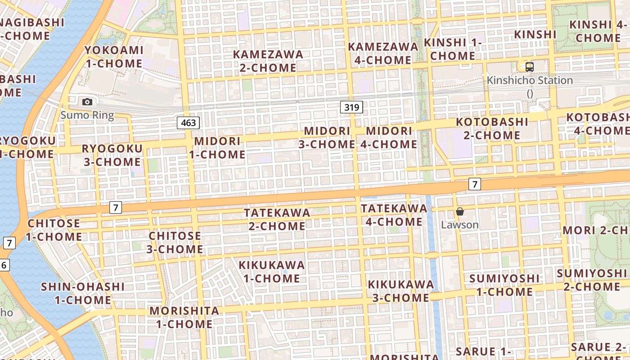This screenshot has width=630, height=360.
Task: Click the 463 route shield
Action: (x=188, y=122)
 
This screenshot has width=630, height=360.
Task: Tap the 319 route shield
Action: (x=351, y=107)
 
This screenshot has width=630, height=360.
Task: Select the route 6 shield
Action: (x=4, y=265)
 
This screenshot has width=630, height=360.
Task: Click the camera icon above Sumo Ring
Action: (x=87, y=102)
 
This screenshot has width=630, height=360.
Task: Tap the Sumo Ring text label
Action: (x=87, y=115)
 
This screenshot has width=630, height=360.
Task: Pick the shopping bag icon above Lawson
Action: (x=459, y=211)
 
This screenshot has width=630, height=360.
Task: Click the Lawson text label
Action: (x=459, y=225)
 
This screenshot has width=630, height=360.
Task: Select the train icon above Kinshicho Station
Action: (x=530, y=67)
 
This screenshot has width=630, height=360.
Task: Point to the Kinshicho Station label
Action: (x=530, y=81)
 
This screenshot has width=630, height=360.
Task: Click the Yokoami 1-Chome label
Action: (x=114, y=57)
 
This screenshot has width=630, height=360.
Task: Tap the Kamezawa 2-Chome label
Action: (x=268, y=61)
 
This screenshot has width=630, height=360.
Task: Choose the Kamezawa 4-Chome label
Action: (x=383, y=53)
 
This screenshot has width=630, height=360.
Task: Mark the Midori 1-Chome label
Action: (x=217, y=148)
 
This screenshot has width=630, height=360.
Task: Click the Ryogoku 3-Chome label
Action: (x=112, y=155)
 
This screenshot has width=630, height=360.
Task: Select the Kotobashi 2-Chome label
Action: (x=492, y=128)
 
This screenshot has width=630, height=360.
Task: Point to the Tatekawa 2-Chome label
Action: (x=277, y=219)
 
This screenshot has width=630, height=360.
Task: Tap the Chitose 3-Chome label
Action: (x=175, y=242)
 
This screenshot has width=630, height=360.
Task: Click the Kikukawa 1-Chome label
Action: (x=272, y=271)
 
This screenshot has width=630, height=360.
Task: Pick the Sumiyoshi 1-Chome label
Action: (x=504, y=285)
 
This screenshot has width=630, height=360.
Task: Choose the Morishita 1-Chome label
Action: (x=184, y=317)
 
